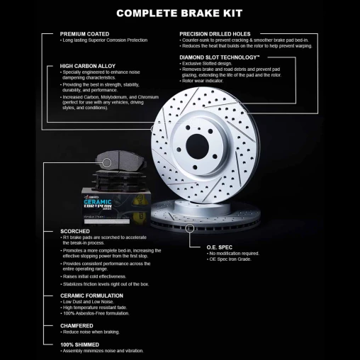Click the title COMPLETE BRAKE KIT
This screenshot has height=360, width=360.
tap(179, 13)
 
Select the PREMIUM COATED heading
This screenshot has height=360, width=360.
tap(84, 34)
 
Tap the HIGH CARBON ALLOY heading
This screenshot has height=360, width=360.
tap(87, 66)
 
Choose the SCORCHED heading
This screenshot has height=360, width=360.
tap(75, 231)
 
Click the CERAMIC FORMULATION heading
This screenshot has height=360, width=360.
tap(91, 295)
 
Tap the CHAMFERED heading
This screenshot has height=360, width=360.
tap(77, 325)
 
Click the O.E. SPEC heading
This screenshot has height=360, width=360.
tap(222, 246)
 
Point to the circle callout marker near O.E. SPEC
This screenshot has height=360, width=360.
tap(189, 228)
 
